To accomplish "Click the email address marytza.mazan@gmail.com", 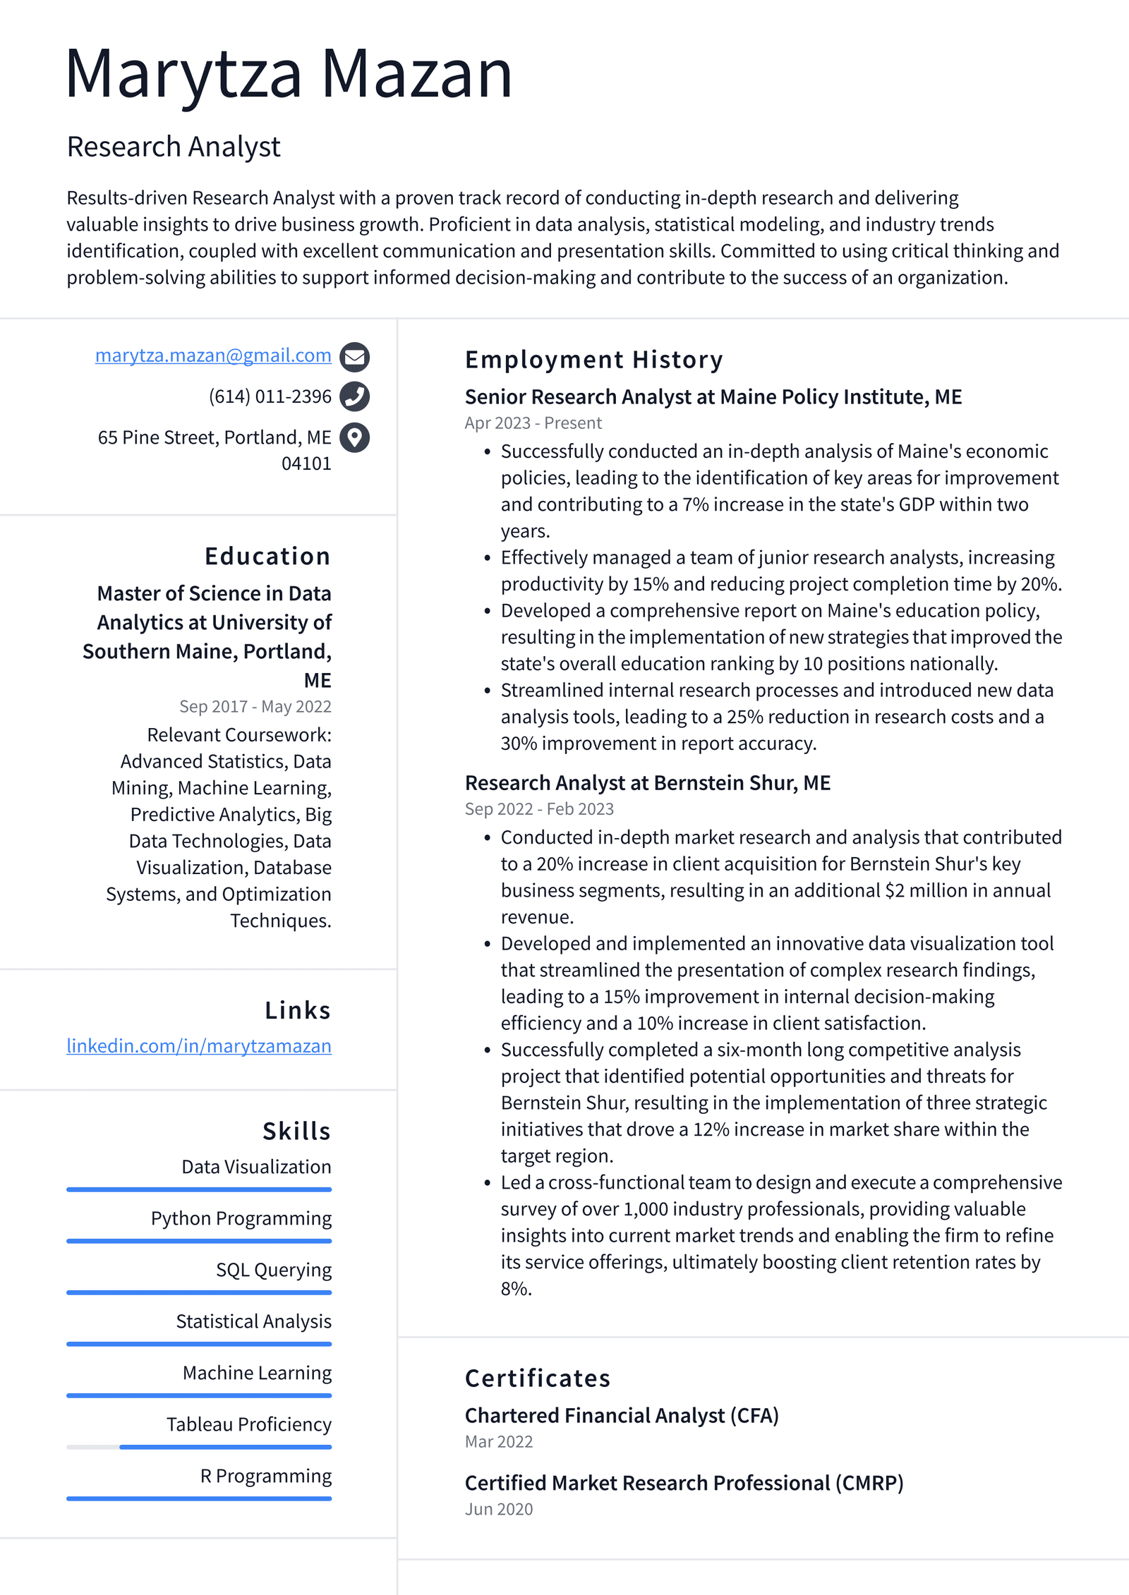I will tap(213, 356).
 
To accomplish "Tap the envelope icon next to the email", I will tap(354, 357).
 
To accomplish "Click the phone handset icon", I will tap(354, 396).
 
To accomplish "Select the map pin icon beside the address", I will tap(354, 437).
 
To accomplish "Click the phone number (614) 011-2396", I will tap(270, 396).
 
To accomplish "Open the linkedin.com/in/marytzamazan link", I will tap(199, 1045).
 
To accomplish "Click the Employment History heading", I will tap(593, 360).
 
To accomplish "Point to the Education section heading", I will tap(267, 556).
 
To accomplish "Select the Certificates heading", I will tap(537, 1378).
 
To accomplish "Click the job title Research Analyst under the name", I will tap(174, 147).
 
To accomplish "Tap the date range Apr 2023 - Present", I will tap(533, 423).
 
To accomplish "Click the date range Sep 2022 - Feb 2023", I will tap(539, 809).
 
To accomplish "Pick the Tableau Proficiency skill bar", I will tap(199, 1447).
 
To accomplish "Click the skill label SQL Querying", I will tap(274, 1270).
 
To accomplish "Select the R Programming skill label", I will tap(266, 1476).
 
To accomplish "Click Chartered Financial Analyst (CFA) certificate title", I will tap(622, 1415).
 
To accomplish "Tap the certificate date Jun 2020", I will tap(499, 1509).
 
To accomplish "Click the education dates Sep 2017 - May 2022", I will tap(255, 706).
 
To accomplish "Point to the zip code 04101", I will tap(306, 463).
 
